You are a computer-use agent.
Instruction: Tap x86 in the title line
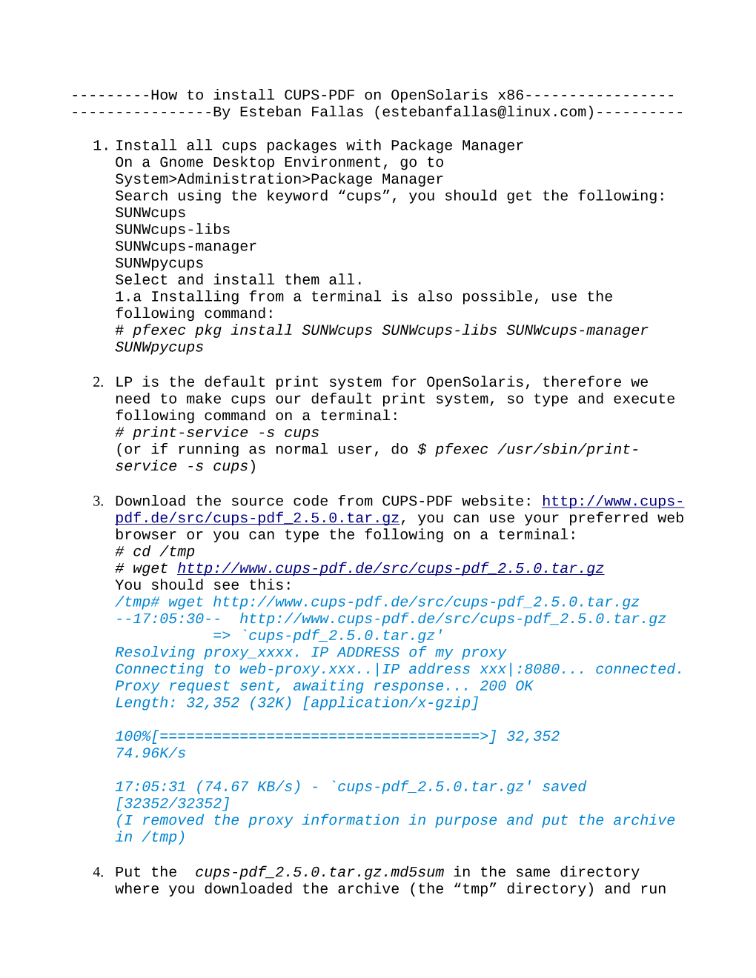(x=511, y=96)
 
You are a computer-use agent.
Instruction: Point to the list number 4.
(x=98, y=873)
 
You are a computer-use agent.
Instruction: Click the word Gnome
(x=182, y=163)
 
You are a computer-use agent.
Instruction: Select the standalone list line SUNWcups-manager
(x=185, y=247)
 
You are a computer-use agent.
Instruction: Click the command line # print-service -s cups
(x=217, y=433)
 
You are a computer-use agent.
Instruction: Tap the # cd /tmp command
(x=155, y=552)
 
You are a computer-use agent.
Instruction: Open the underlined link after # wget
(x=390, y=568)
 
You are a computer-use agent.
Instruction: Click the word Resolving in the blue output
(x=155, y=653)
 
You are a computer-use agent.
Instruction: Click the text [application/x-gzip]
(x=391, y=703)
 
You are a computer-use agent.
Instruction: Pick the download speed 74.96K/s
(x=150, y=754)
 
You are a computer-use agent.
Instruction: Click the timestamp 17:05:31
(x=150, y=787)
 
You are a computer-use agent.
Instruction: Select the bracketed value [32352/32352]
(x=173, y=804)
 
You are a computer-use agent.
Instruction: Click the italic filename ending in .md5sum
(x=319, y=873)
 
